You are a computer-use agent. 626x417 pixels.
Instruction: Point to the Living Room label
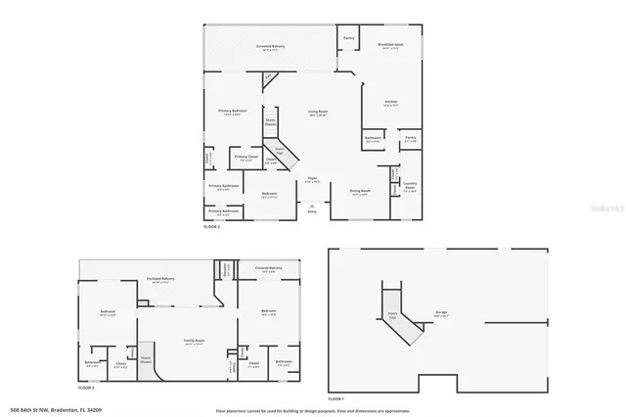click(x=316, y=113)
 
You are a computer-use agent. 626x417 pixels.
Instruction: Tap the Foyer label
click(x=312, y=180)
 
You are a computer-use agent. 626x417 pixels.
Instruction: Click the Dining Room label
click(x=361, y=191)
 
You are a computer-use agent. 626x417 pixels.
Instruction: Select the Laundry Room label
click(x=411, y=189)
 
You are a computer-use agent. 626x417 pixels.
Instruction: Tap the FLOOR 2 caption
click(x=212, y=226)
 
